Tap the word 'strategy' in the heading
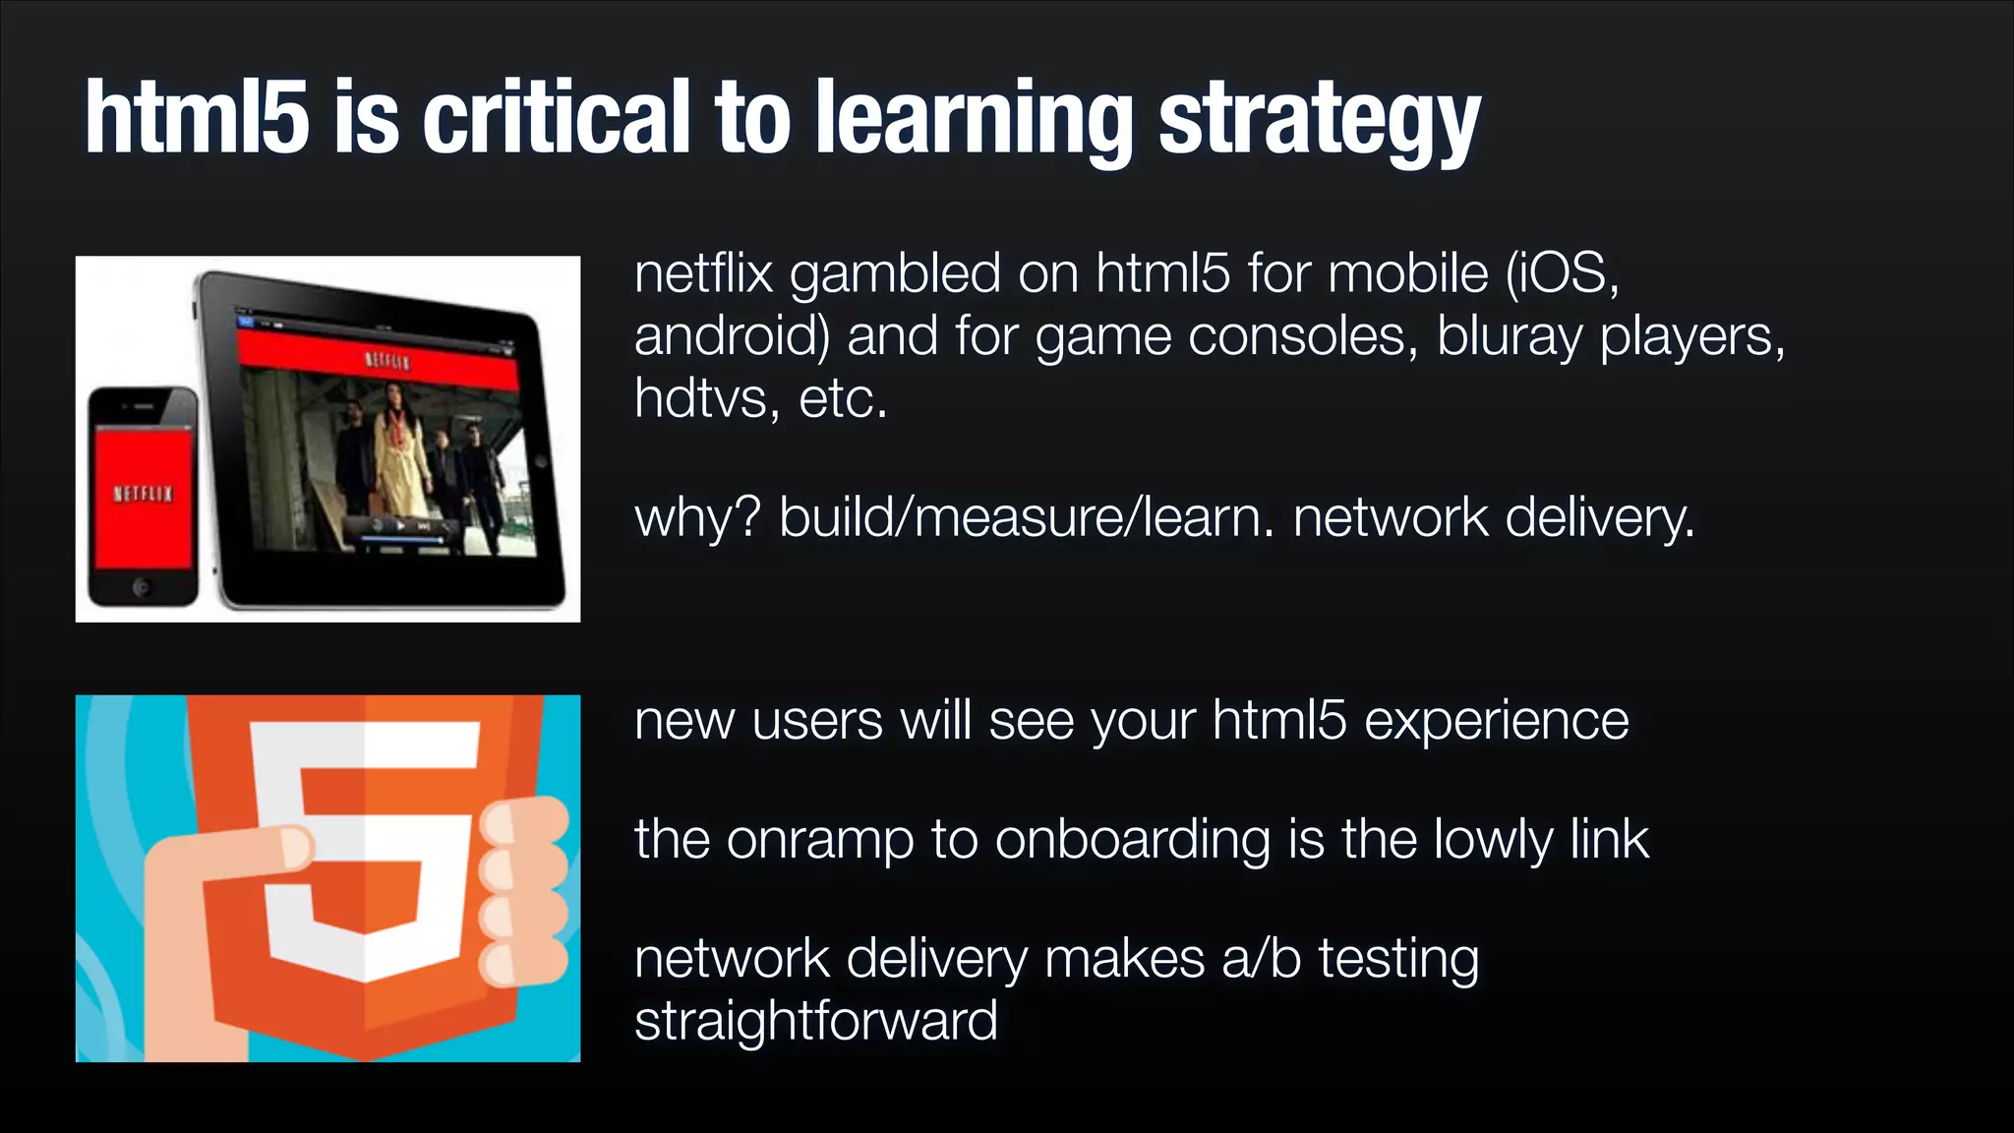(x=1319, y=123)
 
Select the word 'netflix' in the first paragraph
(x=703, y=273)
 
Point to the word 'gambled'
(x=895, y=275)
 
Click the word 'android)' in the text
(x=732, y=336)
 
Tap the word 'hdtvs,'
(x=707, y=398)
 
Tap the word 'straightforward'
(x=815, y=1021)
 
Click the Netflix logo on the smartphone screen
(x=144, y=494)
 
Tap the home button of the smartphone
(x=142, y=588)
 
